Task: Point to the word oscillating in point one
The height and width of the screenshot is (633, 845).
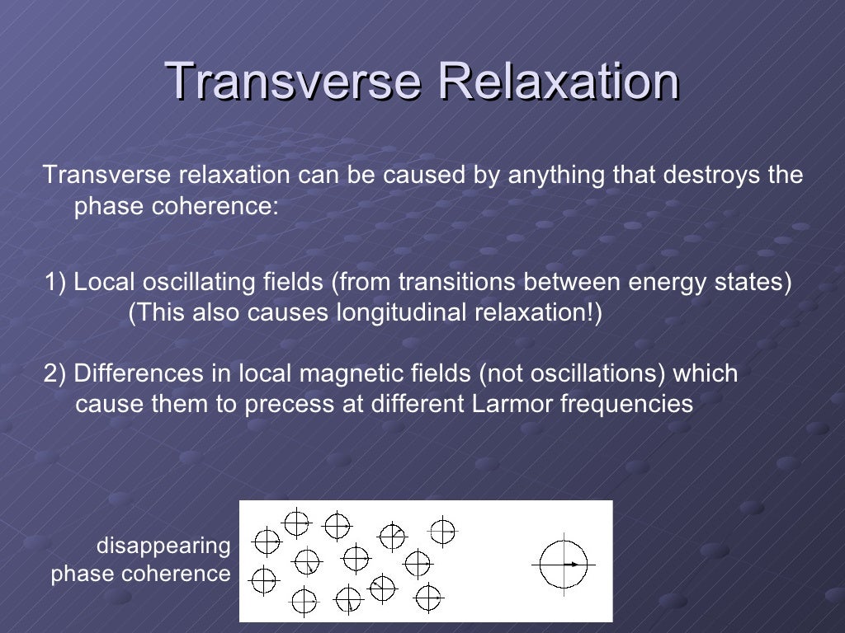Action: pyautogui.click(x=191, y=283)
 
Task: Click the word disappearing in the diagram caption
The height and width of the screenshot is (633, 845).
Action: pyautogui.click(x=163, y=546)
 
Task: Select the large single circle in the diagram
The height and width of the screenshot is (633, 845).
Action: pyautogui.click(x=564, y=564)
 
